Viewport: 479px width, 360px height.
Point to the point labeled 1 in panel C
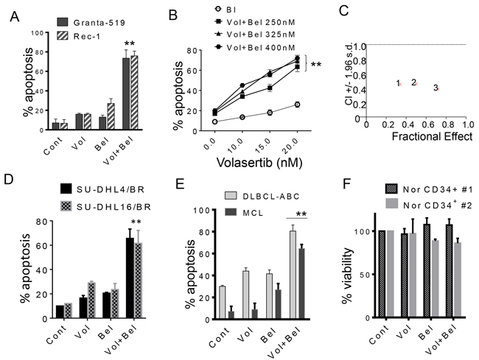click(399, 83)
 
